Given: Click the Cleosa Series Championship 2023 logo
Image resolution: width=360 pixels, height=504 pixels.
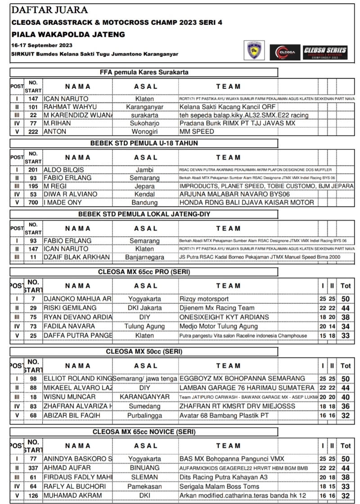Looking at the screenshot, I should coord(325,52).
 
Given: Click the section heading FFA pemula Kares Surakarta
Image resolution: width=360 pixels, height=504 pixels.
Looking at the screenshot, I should coord(144,72).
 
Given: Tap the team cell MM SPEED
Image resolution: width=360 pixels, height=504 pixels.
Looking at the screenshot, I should coord(197,131).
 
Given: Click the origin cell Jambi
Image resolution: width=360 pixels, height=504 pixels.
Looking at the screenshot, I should coord(144,170).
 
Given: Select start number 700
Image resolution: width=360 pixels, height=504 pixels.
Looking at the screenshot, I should coord(33,202).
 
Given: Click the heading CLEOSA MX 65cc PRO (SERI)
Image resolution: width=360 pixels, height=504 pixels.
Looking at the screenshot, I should coord(144,272).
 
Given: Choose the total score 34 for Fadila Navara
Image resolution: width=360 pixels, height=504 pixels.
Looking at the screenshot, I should coord(345,326).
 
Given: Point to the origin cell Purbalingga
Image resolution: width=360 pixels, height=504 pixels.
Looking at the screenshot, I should coord(144,415).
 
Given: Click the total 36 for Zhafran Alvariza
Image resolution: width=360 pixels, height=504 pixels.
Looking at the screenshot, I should coord(345,406).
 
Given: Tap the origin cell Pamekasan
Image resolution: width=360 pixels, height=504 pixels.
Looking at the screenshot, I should coord(144,486).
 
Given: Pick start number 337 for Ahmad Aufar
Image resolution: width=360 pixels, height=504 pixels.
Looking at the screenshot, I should coord(33,468).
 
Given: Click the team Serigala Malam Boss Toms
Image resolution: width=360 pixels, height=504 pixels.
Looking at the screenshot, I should coord(219,486).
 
